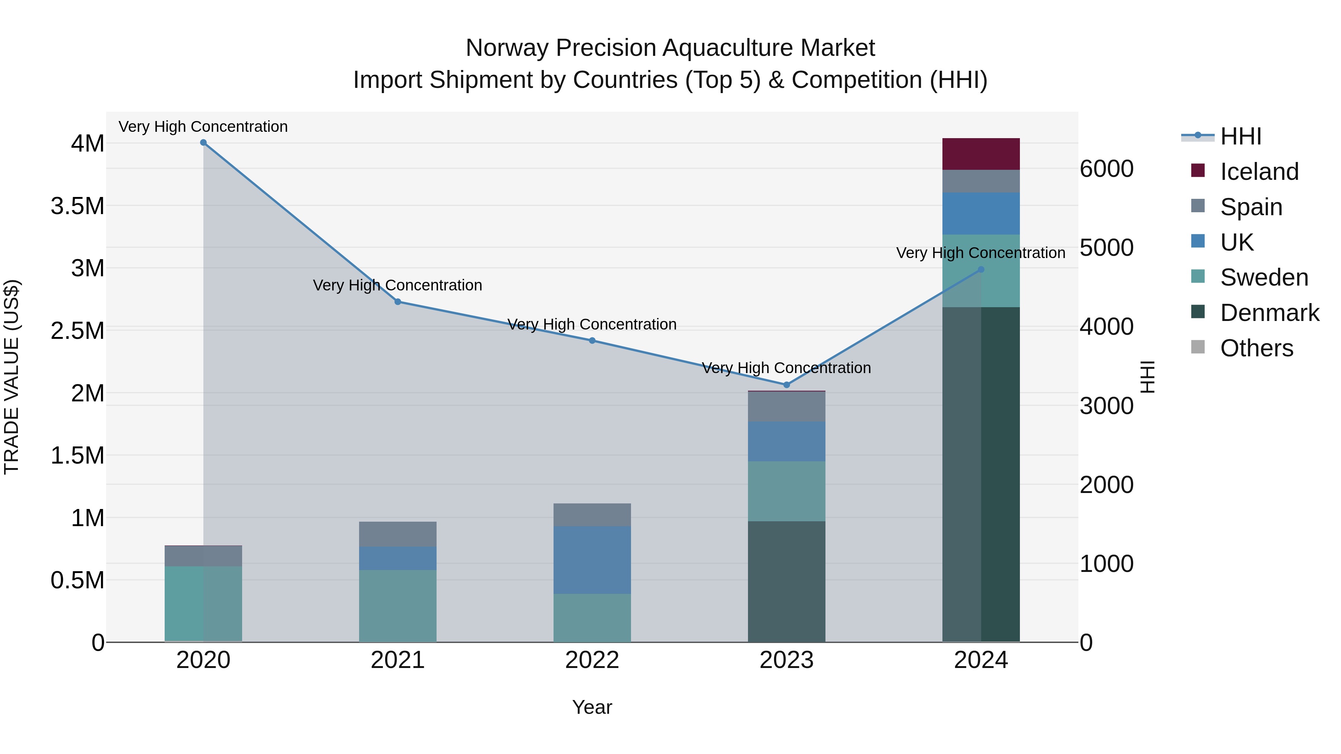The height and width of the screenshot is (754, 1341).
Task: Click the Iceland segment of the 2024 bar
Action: click(x=981, y=154)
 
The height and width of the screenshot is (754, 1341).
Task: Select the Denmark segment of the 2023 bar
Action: click(x=786, y=581)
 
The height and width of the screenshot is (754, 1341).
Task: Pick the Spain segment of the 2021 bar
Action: click(x=398, y=534)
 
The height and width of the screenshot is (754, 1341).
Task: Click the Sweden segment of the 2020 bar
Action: click(x=203, y=604)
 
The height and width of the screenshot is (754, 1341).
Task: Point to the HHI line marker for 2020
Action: click(x=203, y=143)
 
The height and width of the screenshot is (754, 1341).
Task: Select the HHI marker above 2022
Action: click(x=592, y=341)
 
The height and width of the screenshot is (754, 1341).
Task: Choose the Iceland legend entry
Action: click(x=1259, y=172)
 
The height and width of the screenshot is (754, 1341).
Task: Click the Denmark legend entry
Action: click(x=1269, y=313)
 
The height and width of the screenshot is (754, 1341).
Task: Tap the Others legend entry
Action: click(x=1256, y=348)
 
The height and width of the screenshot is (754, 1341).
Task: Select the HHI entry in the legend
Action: click(x=1240, y=136)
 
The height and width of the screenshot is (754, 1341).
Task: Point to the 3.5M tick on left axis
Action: click(x=77, y=206)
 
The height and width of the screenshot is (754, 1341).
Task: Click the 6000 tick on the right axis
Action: click(x=1106, y=169)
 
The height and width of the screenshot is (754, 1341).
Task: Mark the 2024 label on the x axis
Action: click(x=981, y=660)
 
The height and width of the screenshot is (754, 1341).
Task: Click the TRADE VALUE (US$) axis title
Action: click(x=12, y=377)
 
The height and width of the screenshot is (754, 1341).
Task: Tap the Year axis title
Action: click(x=592, y=707)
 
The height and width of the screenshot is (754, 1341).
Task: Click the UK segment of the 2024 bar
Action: click(x=981, y=213)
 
